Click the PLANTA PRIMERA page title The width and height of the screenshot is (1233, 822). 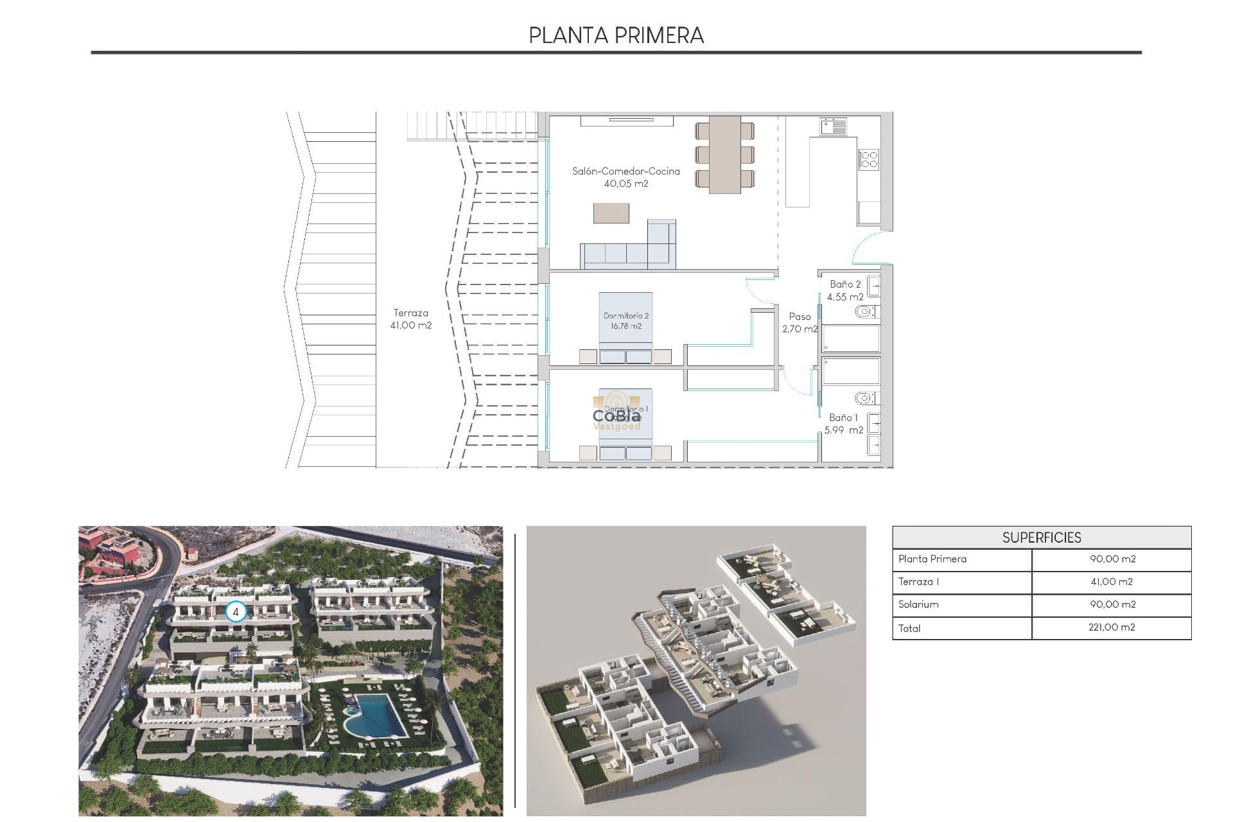616,36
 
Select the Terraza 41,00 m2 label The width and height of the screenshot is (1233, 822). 411,319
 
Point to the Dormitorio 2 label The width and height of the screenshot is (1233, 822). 626,320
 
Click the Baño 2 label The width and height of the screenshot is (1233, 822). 844,290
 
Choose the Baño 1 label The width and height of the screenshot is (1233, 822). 843,424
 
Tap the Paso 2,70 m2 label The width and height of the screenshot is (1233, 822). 800,322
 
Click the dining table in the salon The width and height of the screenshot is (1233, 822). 724,154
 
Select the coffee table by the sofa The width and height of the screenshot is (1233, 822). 611,213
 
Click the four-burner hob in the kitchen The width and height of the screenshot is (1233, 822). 869,159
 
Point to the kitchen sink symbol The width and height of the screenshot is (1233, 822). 833,127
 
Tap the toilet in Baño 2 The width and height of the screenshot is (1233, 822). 865,312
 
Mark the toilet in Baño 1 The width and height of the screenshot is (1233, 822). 865,398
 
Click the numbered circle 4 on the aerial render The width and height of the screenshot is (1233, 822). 236,612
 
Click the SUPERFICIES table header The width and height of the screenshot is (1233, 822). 1042,538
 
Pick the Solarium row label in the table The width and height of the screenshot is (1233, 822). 918,604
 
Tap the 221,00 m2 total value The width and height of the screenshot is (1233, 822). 1112,627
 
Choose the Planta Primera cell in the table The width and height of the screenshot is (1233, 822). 932,559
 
